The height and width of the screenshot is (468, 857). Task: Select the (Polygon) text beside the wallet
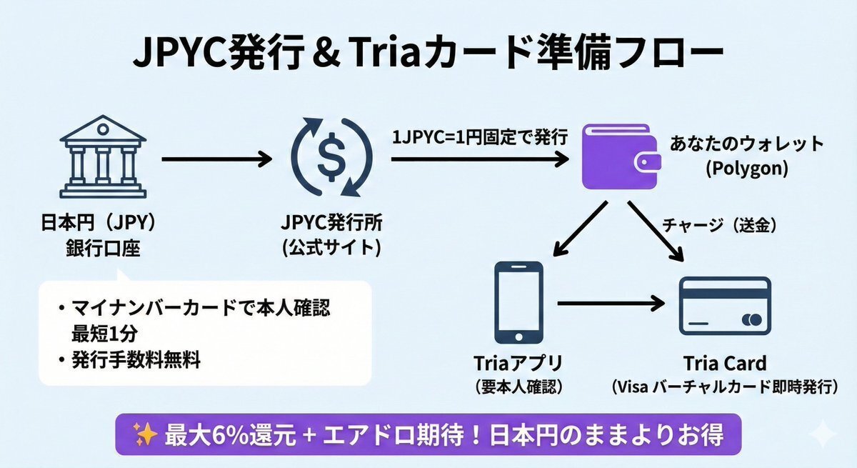pos(746,170)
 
